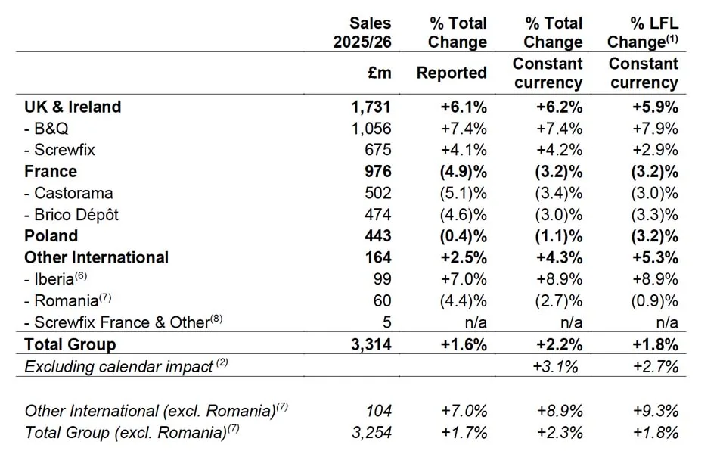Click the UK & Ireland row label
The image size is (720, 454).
pyautogui.click(x=73, y=107)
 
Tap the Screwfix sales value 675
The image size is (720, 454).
pyautogui.click(x=376, y=150)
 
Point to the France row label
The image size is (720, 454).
pyautogui.click(x=51, y=172)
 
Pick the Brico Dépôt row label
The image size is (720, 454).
pyautogui.click(x=71, y=215)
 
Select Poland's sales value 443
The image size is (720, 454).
pyautogui.click(x=376, y=236)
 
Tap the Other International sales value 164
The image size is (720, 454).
pyautogui.click(x=376, y=258)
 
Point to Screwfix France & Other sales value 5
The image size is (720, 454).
pyautogui.click(x=386, y=322)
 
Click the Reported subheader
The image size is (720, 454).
pyautogui.click(x=452, y=73)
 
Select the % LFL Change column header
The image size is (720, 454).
pyautogui.click(x=643, y=33)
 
